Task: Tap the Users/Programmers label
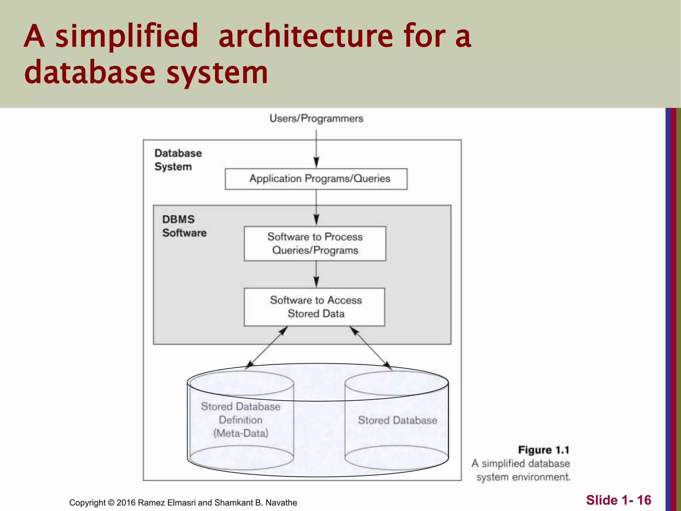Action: click(x=316, y=118)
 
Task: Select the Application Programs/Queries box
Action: click(x=316, y=179)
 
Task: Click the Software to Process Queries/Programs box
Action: click(x=315, y=244)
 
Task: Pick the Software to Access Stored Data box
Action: click(x=315, y=307)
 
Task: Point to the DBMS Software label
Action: click(x=184, y=226)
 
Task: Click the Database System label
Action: click(x=178, y=160)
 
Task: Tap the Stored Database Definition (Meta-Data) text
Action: click(x=240, y=420)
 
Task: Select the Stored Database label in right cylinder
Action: click(x=397, y=420)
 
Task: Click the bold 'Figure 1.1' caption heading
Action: click(x=544, y=450)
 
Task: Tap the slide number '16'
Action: click(x=644, y=500)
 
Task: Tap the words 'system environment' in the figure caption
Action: click(x=523, y=477)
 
